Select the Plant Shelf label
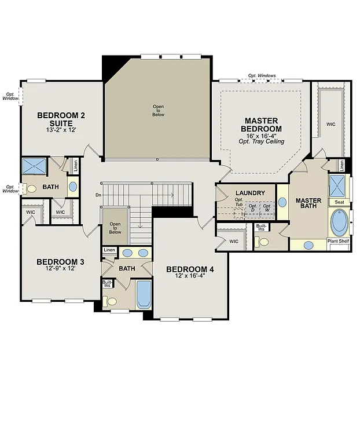339,240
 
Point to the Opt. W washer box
267,208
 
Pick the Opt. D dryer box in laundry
252,208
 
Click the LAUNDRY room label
250,193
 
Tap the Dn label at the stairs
98,195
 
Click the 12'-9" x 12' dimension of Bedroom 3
60,269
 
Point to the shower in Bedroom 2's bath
34,166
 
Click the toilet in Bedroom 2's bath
32,188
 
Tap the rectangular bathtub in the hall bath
144,295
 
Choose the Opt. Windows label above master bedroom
262,76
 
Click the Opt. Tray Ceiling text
261,141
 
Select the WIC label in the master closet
330,124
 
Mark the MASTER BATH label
308,205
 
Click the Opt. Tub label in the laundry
239,202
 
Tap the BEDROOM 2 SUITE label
61,119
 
